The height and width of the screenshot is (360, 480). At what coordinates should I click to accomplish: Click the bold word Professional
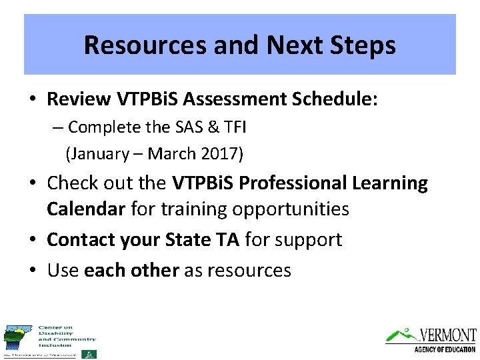[x=296, y=183]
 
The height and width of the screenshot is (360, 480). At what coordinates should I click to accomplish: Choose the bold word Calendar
[x=85, y=209]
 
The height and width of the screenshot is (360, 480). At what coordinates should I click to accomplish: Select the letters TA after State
[x=227, y=239]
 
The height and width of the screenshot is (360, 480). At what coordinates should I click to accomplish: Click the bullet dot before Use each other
[x=32, y=270]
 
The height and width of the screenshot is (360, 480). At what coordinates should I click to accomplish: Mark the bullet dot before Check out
[x=32, y=183]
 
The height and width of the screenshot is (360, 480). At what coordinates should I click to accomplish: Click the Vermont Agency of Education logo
[x=431, y=339]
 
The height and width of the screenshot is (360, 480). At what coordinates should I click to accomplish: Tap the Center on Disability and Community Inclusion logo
[x=50, y=341]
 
